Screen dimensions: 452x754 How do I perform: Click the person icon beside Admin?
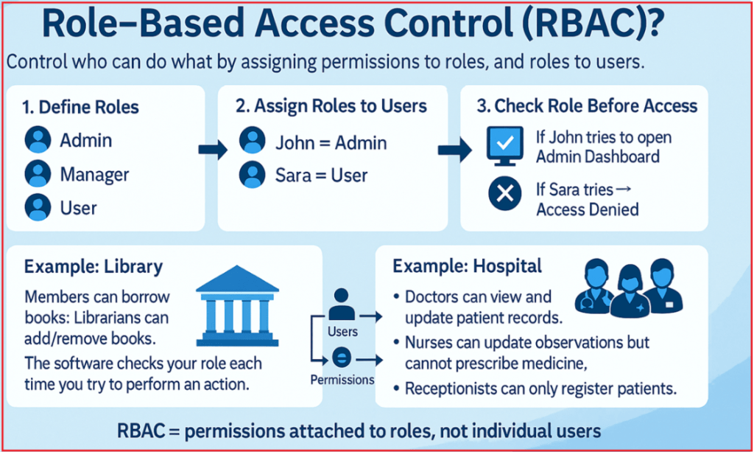[x=38, y=140]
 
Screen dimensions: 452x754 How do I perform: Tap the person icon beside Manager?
[x=38, y=175]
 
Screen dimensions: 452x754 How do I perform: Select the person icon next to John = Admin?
[x=253, y=141]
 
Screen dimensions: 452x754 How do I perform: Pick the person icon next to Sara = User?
[x=253, y=175]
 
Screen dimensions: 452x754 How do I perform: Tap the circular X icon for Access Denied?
[x=505, y=194]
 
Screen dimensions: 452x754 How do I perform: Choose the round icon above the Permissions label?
[x=342, y=359]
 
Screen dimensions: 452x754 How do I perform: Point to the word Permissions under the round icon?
[x=342, y=380]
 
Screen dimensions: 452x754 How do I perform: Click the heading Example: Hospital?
[x=467, y=266]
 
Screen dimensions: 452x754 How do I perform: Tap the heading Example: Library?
[x=94, y=266]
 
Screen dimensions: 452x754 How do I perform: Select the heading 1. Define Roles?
[x=80, y=108]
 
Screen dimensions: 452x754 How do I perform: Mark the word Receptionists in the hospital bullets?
[x=451, y=388]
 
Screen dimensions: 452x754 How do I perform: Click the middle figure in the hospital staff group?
[x=629, y=288]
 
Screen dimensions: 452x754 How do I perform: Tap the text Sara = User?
[x=321, y=176]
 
